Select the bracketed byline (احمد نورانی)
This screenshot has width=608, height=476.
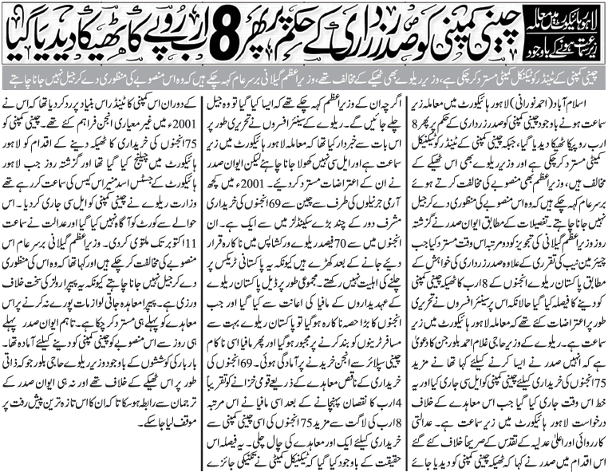[x=543, y=102]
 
